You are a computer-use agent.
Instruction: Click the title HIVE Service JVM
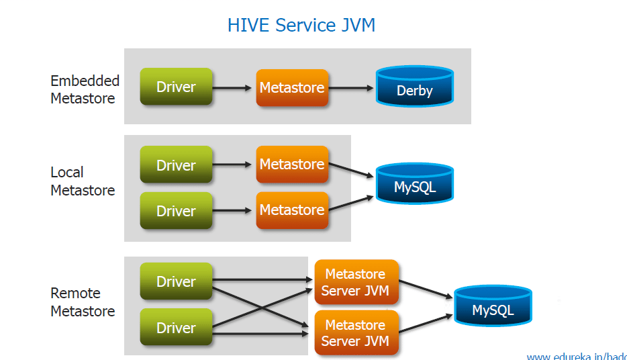coord(301,26)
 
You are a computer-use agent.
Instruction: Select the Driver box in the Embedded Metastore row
coord(176,87)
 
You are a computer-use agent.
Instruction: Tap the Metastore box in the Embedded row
coord(292,87)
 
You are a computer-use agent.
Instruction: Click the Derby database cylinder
coord(415,87)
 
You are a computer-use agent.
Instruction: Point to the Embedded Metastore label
coord(85,89)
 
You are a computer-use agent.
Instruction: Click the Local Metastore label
coord(83,181)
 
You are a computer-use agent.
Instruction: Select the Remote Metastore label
coord(83,302)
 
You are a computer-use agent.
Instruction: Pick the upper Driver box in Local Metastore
coord(176,165)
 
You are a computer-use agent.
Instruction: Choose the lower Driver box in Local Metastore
coord(176,210)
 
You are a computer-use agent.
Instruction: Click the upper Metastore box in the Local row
coord(292,165)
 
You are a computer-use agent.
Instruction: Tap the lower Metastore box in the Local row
coord(292,210)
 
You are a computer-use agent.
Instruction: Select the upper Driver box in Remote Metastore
coord(176,281)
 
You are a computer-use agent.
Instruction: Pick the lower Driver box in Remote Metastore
coord(176,328)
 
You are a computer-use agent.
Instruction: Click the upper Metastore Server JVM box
coord(355,282)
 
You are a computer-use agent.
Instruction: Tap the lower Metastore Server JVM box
coord(355,332)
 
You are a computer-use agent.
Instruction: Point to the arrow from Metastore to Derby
coord(352,88)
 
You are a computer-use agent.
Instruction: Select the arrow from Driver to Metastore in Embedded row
coord(234,87)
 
